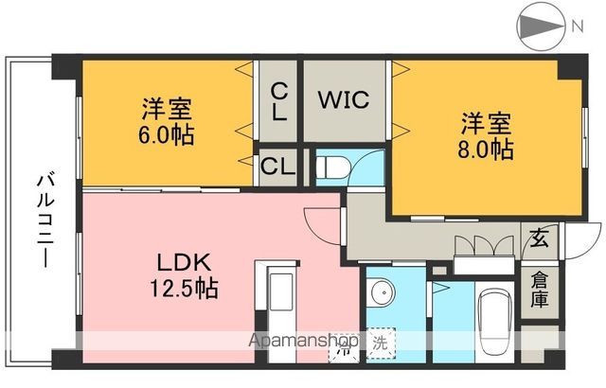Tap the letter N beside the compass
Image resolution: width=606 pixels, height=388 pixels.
click(576, 26)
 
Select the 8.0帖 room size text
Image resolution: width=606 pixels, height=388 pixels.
click(488, 149)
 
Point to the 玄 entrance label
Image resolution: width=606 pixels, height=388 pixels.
click(539, 238)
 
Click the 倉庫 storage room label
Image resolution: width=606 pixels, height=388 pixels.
click(539, 289)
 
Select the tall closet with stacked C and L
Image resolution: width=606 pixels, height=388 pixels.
click(278, 102)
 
